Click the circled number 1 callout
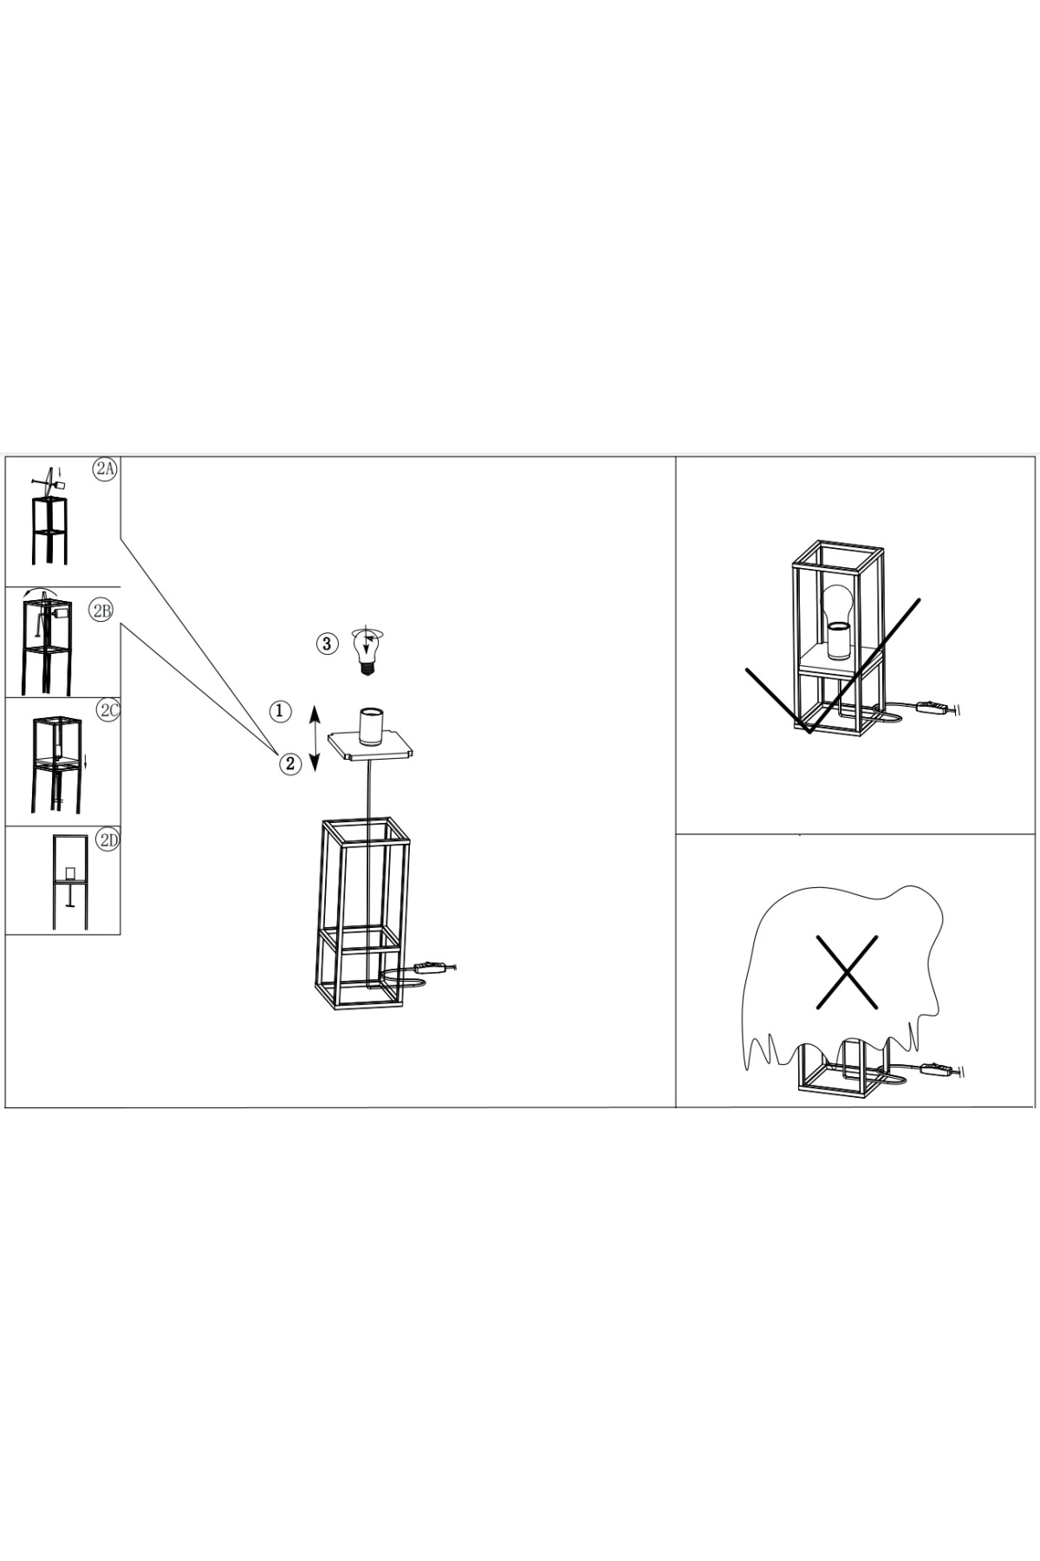[x=279, y=711]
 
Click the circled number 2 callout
[x=289, y=763]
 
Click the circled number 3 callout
[x=326, y=643]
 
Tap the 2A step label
[x=105, y=469]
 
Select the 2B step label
[x=101, y=611]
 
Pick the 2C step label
[x=107, y=710]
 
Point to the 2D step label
[x=107, y=839]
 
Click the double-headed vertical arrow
[x=315, y=739]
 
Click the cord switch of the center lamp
[x=434, y=967]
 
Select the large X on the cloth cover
[x=847, y=972]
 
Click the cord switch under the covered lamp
[x=939, y=1072]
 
